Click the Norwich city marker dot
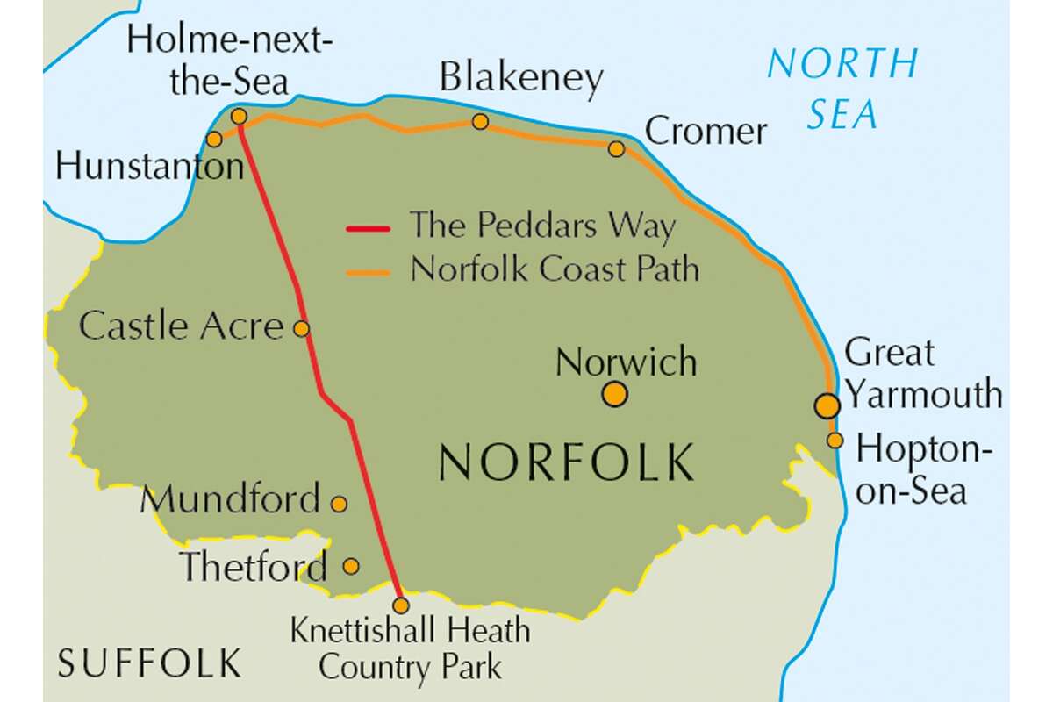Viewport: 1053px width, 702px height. coord(615,395)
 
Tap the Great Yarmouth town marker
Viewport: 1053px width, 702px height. coord(827,405)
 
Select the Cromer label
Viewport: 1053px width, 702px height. coord(706,132)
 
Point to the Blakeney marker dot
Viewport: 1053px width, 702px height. coord(480,121)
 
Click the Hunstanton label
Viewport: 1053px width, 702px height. coord(148,166)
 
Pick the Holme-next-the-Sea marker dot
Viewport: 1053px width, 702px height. coord(239,116)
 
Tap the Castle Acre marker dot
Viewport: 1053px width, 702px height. coord(301,329)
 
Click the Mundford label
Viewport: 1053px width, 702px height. coord(230,500)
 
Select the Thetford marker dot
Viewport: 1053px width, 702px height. coord(350,566)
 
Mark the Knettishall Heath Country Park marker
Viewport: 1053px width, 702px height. coord(401,605)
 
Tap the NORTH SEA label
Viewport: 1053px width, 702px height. coord(842,88)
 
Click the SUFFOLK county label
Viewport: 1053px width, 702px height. coord(149,663)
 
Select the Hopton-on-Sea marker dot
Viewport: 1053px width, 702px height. coord(835,440)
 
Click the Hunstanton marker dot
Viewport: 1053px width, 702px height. coord(214,139)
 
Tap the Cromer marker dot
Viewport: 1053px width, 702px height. coord(617,149)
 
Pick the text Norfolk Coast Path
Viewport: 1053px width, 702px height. coord(555,269)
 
